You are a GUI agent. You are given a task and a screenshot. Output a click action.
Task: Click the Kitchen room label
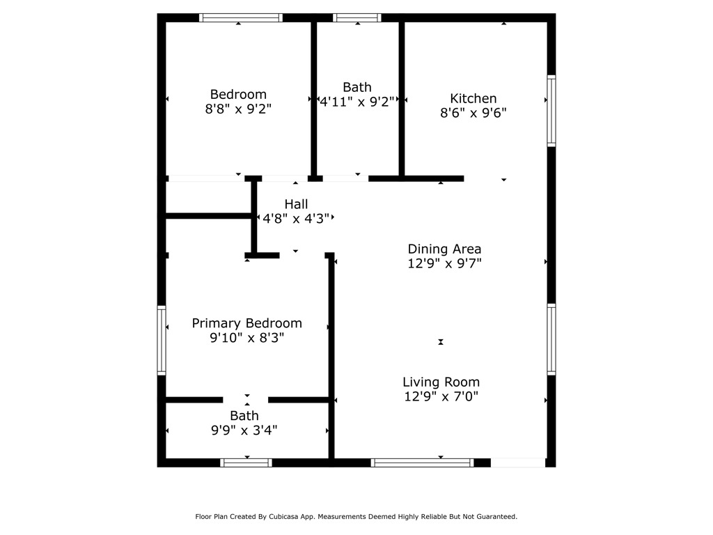[x=473, y=98]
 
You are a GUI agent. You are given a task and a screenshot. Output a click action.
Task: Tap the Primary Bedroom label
[x=247, y=323]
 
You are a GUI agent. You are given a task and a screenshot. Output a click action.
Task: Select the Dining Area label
[x=444, y=249]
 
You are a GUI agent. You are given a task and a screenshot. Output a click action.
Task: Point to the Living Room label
[x=441, y=382]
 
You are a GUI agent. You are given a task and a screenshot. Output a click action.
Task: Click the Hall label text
[x=296, y=204]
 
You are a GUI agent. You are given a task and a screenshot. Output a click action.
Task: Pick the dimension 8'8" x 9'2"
[x=238, y=109]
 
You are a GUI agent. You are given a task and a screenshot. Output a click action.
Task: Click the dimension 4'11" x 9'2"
[x=357, y=102]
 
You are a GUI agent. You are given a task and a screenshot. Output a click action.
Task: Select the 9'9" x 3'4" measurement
[x=244, y=430]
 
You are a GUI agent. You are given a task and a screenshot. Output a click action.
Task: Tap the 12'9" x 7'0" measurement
[x=441, y=396]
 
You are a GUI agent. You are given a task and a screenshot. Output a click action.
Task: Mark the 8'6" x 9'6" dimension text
[x=473, y=113]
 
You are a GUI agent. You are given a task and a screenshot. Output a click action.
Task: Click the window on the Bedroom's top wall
[x=240, y=17]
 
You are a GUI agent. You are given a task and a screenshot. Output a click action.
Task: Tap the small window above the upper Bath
[x=357, y=17]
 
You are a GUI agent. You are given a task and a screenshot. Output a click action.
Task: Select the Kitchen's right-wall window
[x=551, y=111]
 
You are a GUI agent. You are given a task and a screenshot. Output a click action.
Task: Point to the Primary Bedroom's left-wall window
[x=162, y=340]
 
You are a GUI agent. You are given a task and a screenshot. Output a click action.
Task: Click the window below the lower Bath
[x=246, y=463]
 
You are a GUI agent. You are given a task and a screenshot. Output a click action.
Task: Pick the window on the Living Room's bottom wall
[x=423, y=463]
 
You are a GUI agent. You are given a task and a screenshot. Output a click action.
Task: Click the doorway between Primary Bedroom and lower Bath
[x=246, y=400]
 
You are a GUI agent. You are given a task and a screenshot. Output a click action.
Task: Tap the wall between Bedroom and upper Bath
[x=314, y=98]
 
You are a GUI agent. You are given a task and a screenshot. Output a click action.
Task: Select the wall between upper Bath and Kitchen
[x=402, y=98]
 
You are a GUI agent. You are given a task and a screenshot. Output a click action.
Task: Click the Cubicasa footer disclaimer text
[x=356, y=516]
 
